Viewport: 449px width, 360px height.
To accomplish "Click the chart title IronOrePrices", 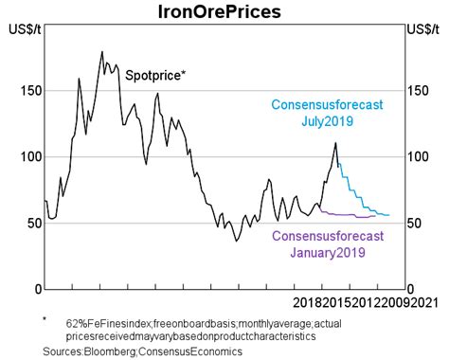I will (224, 12).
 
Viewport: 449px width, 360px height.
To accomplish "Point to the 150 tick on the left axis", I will (25, 91).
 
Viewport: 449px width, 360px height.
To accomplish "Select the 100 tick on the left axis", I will (25, 156).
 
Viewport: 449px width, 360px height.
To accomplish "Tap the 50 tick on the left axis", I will (29, 223).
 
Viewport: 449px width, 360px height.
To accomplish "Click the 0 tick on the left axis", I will (33, 289).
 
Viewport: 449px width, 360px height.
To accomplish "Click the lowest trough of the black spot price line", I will (237, 241).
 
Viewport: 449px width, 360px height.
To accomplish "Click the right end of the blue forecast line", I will (388, 215).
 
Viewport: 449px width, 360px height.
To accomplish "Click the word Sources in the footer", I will (65, 351).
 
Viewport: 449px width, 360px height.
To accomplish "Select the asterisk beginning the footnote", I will (45, 321).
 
